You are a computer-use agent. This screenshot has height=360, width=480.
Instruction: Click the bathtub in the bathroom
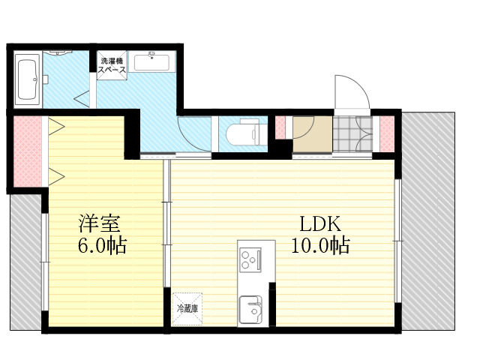28,80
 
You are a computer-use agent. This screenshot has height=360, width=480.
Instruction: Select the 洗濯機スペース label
112,65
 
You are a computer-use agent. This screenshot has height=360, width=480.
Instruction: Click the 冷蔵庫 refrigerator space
187,309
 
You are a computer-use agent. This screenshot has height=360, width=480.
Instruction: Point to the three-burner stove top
250,259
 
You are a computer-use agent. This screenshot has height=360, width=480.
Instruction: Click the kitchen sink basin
250,310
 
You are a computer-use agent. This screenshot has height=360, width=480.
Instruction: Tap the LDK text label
320,223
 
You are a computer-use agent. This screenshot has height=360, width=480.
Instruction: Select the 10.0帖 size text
320,245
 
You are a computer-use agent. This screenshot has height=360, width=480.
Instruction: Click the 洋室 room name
100,223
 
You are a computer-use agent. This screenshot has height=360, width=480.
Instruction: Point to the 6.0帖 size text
102,245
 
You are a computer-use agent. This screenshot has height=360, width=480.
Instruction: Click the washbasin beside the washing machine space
151,62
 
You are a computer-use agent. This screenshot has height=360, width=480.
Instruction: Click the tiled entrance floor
352,133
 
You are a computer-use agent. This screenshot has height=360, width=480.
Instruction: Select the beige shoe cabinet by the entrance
313,133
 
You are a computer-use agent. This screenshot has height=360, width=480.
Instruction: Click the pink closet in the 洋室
28,151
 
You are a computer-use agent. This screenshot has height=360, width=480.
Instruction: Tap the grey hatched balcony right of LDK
428,221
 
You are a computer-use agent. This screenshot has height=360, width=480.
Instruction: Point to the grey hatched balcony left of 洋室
25,262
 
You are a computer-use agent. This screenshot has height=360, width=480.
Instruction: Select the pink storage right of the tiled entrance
387,133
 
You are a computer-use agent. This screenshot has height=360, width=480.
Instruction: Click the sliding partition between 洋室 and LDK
166,223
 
